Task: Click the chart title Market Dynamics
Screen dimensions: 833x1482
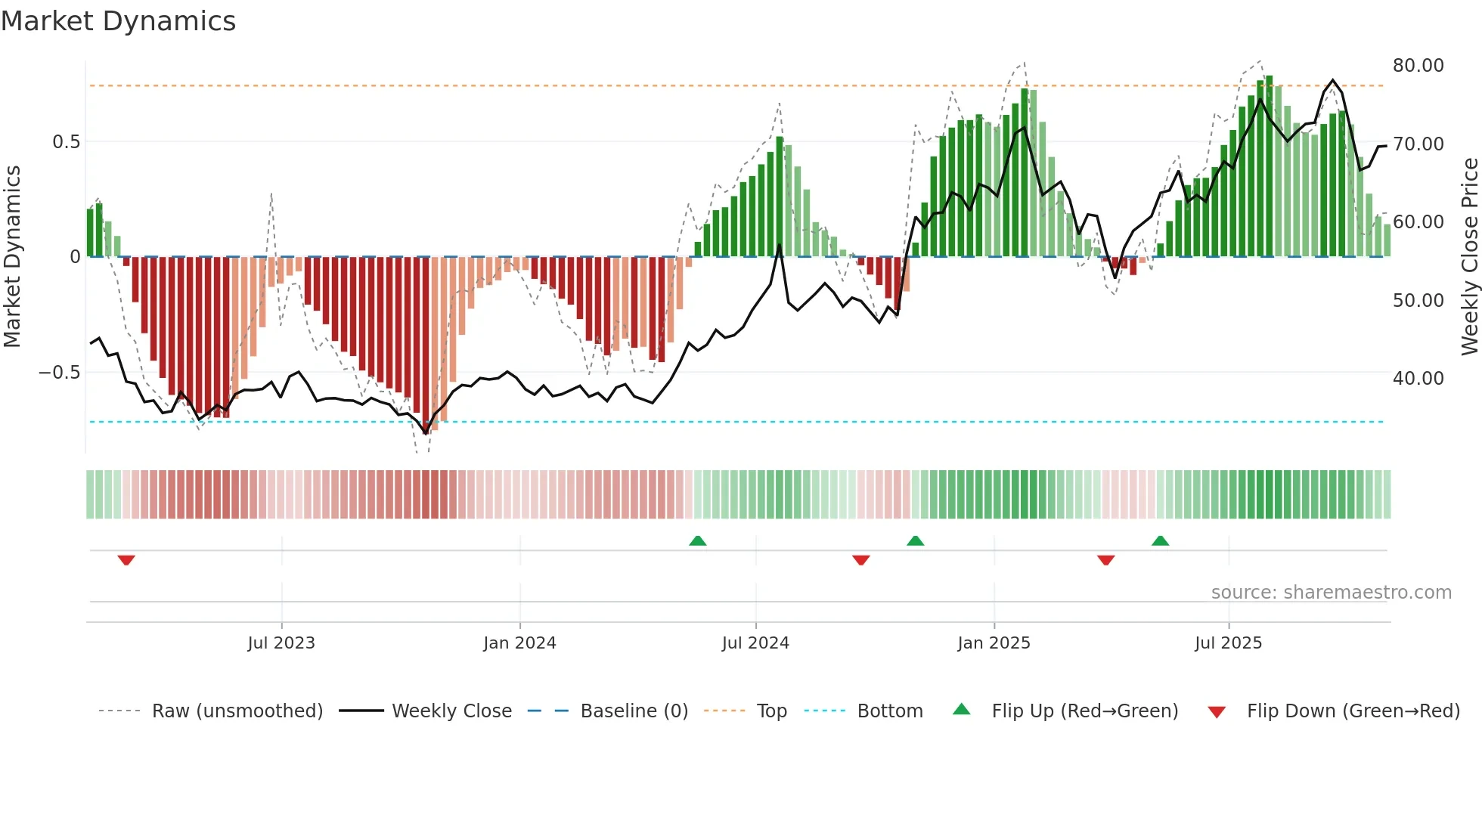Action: point(118,21)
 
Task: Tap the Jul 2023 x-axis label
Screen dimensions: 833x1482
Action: point(281,643)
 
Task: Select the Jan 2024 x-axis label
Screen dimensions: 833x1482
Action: point(519,643)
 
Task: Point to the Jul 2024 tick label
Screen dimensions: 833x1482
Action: point(755,643)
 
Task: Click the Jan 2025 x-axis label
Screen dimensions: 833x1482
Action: point(994,643)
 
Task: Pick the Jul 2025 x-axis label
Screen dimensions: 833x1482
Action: point(1229,643)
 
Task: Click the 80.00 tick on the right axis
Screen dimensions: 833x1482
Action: point(1418,66)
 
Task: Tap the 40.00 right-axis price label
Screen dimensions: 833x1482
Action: point(1418,379)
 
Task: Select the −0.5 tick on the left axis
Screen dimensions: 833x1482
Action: point(59,373)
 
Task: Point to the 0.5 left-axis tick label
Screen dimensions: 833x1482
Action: point(66,142)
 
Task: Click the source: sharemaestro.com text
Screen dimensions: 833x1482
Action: point(1331,593)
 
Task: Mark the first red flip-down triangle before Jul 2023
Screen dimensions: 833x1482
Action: point(126,560)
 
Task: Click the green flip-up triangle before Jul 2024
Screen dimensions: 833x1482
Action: point(698,540)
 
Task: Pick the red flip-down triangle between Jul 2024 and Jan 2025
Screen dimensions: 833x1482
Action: point(860,560)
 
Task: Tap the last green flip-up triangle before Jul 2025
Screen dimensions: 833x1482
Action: point(1160,540)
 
